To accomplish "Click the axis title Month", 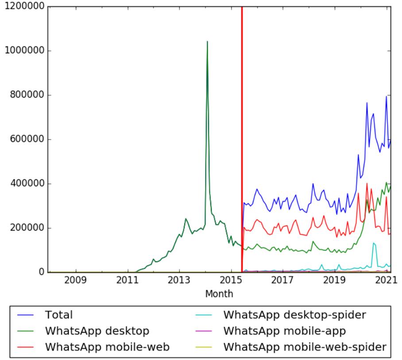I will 219,294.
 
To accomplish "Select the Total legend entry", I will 58,315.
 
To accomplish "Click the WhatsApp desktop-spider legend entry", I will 294,315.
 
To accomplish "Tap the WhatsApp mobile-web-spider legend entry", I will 305,347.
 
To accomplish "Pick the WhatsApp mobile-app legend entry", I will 284,331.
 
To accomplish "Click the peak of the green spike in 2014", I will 207,42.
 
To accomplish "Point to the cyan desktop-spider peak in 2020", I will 374,243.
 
